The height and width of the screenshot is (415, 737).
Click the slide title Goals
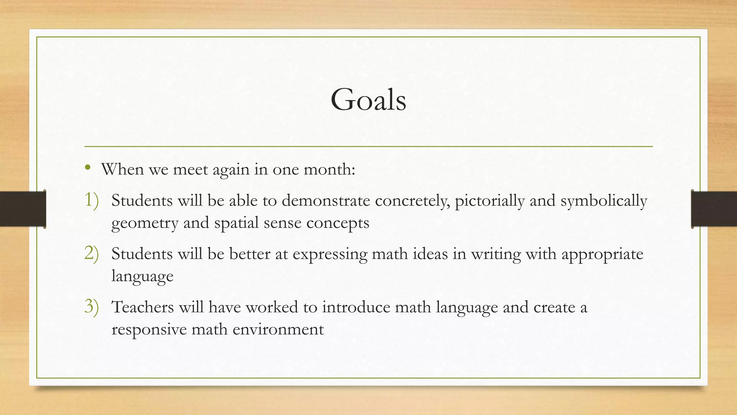368,99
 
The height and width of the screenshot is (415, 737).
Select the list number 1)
91,200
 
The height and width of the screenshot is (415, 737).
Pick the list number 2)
91,254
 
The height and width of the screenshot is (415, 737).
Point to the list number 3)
91,307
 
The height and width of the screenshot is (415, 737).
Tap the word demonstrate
326,201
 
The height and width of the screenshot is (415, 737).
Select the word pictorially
489,201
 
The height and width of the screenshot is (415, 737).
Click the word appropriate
602,254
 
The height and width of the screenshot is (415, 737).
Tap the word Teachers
143,307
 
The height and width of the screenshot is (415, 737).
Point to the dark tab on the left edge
23,209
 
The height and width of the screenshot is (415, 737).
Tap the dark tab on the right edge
714,209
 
